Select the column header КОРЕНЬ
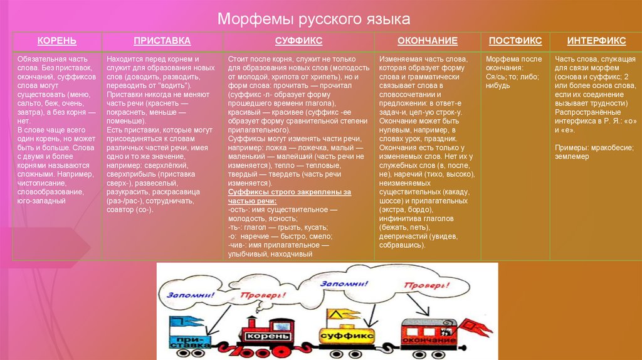pos(57,41)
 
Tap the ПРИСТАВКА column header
pos(162,41)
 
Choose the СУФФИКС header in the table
pos(298,41)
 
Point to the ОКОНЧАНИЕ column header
pos(428,41)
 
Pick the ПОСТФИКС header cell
pos(515,41)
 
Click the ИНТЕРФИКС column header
pos(596,41)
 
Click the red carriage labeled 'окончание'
pos(426,339)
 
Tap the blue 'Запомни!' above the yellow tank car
pos(344,283)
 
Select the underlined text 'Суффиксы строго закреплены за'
pos(289,191)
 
